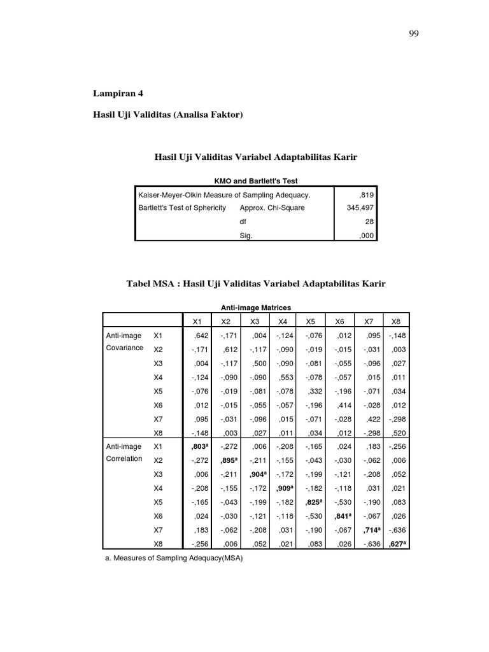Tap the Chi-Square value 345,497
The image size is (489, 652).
click(361, 208)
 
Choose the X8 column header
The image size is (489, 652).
click(396, 321)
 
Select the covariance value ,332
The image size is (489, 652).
click(313, 390)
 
